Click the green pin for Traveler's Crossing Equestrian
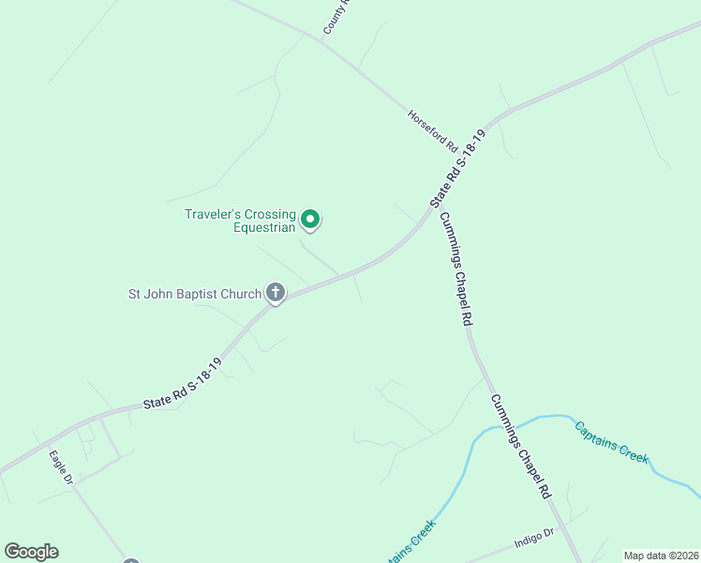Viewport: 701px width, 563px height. (x=310, y=221)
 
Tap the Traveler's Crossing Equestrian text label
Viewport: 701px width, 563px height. (x=240, y=221)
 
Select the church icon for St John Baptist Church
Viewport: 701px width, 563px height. (x=276, y=294)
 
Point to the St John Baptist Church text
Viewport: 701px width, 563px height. (x=195, y=294)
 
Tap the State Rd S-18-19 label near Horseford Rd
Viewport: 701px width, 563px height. (x=460, y=169)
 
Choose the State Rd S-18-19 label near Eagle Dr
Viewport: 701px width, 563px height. (x=183, y=382)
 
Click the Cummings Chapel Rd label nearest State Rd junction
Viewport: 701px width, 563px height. (x=455, y=267)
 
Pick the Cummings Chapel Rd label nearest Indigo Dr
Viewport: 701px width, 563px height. (x=521, y=446)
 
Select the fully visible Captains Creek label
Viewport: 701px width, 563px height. (x=611, y=442)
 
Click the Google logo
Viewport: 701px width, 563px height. (x=31, y=552)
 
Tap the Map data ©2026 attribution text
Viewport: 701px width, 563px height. (x=660, y=555)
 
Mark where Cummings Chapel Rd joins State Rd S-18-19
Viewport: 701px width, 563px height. (x=433, y=212)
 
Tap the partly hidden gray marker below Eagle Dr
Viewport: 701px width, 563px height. (x=131, y=561)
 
